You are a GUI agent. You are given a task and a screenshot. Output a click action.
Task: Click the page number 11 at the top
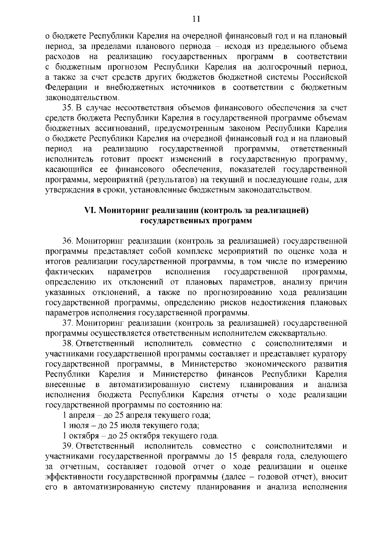(196, 19)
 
